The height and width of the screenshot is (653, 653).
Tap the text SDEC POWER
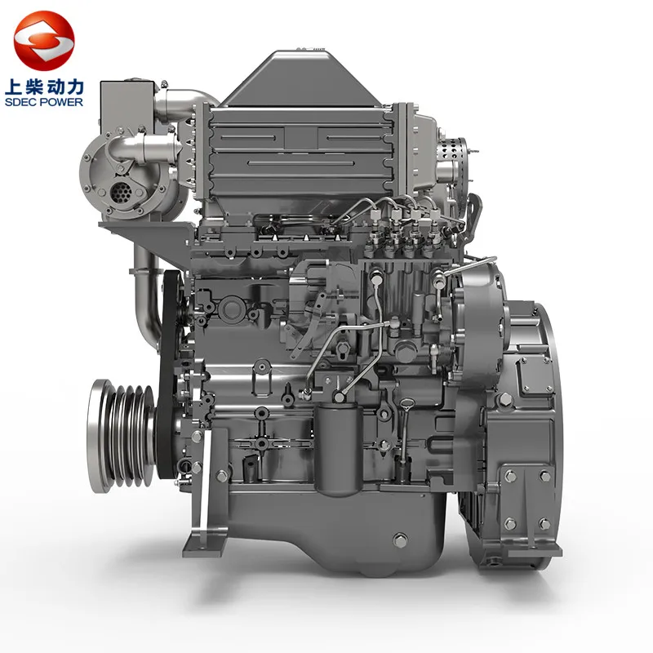pyautogui.click(x=50, y=101)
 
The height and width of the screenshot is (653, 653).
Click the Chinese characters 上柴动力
pyautogui.click(x=50, y=85)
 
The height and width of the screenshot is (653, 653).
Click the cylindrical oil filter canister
pyautogui.click(x=337, y=451)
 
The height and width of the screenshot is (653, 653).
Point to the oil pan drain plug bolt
pyautogui.click(x=399, y=540)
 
